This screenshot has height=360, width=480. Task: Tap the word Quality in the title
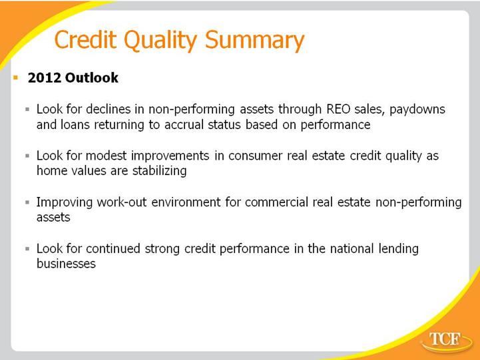click(x=160, y=41)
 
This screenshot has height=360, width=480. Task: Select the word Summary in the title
click(x=255, y=41)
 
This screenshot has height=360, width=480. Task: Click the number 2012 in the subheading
click(x=44, y=78)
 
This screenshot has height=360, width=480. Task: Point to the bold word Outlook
click(x=91, y=78)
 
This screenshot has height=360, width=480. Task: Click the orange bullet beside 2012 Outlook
click(x=16, y=78)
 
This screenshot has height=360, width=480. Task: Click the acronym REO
click(x=338, y=109)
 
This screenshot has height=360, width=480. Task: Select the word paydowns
click(x=417, y=110)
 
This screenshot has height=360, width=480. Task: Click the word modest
click(x=106, y=156)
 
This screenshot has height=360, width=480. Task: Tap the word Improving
click(x=65, y=203)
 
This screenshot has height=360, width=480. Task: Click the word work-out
click(x=122, y=202)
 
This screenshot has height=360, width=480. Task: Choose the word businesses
click(x=66, y=264)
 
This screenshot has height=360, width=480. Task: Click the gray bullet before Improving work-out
click(x=27, y=202)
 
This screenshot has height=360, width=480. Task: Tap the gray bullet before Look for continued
click(x=27, y=249)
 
